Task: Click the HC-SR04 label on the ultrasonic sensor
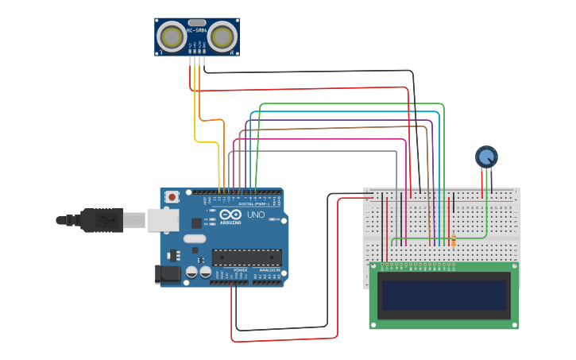(196, 31)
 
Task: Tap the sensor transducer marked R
(224, 37)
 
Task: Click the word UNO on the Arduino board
(256, 215)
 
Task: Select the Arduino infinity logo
(230, 215)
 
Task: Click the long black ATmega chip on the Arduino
(246, 257)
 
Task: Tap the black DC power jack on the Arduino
(168, 274)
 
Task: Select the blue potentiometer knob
(486, 157)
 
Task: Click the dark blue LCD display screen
(443, 295)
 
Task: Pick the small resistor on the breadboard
(453, 241)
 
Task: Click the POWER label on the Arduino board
(240, 270)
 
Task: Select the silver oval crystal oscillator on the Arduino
(194, 238)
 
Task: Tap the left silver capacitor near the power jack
(192, 273)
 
